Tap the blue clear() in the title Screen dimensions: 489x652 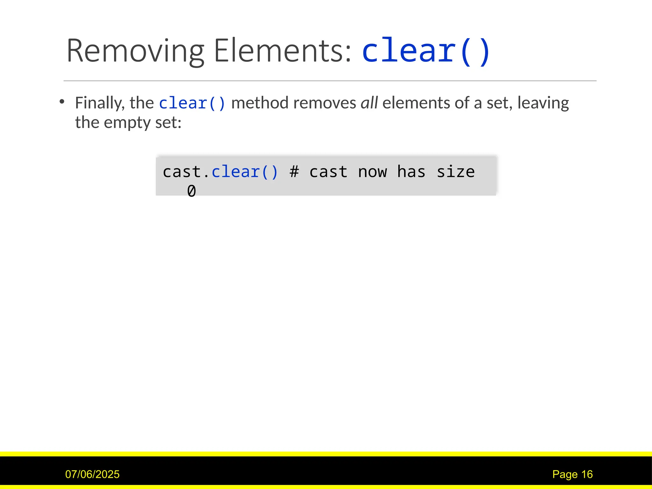click(x=426, y=51)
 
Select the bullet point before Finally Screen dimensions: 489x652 click(x=62, y=102)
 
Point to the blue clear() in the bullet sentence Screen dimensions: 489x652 click(x=192, y=103)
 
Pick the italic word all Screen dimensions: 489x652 click(x=369, y=103)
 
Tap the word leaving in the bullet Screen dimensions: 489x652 click(x=543, y=103)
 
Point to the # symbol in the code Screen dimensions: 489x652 click(x=294, y=172)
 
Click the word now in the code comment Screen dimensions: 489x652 click(x=372, y=172)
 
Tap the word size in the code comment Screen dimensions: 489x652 click(x=456, y=172)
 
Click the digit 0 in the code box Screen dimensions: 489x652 click(x=191, y=191)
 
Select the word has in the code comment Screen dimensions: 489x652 click(x=411, y=172)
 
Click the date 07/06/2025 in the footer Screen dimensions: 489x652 click(x=92, y=474)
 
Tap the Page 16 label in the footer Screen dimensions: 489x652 click(x=572, y=474)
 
